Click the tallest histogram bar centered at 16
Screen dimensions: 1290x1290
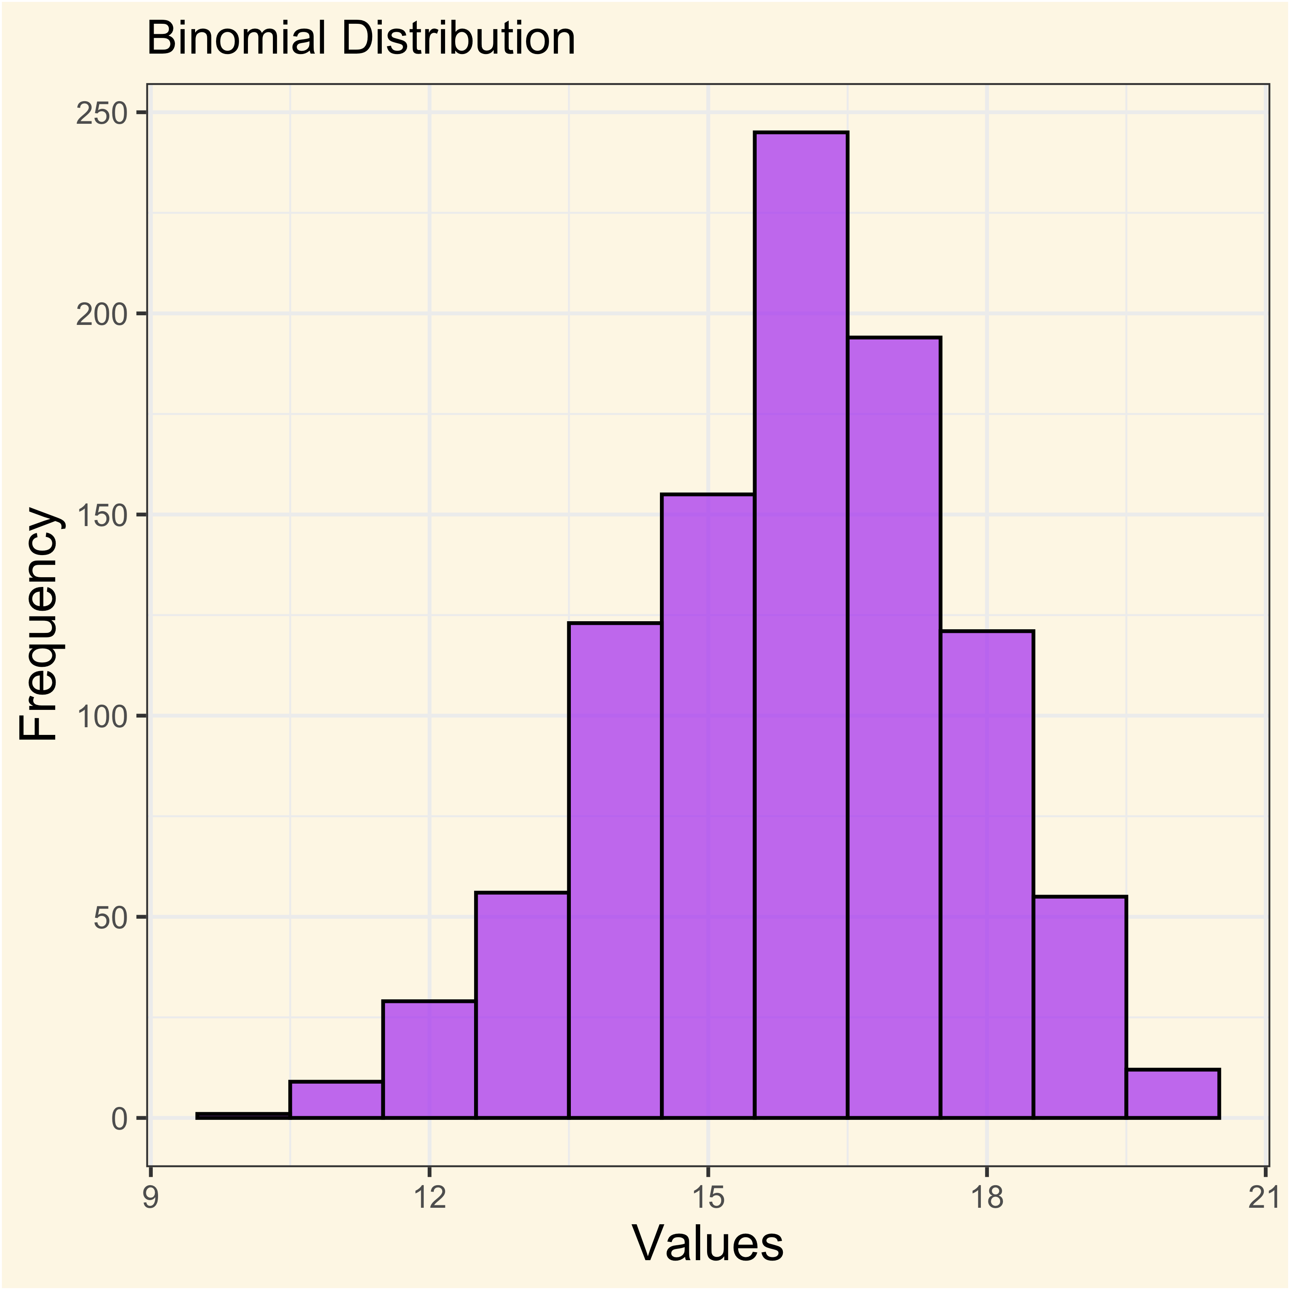tap(801, 624)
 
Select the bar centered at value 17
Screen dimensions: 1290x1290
tap(894, 727)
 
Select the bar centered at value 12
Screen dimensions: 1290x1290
tap(429, 1058)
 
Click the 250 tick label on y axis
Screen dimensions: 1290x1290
tap(102, 114)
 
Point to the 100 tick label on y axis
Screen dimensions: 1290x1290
tap(102, 716)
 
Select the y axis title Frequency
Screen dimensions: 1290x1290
tap(39, 625)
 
